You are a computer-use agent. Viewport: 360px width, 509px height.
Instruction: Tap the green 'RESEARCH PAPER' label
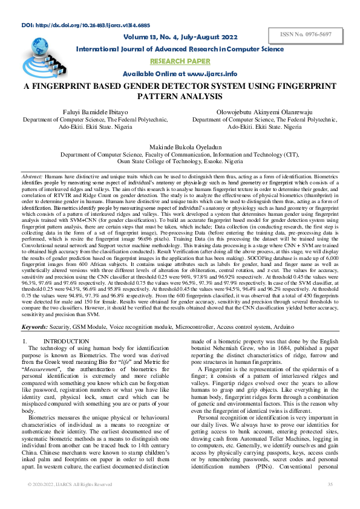tap(180, 61)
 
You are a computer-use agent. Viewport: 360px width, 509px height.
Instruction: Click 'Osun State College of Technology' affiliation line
tap(180, 163)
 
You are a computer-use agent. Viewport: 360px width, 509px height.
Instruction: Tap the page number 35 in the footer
tap(330, 501)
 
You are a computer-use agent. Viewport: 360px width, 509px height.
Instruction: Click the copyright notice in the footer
tap(69, 501)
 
